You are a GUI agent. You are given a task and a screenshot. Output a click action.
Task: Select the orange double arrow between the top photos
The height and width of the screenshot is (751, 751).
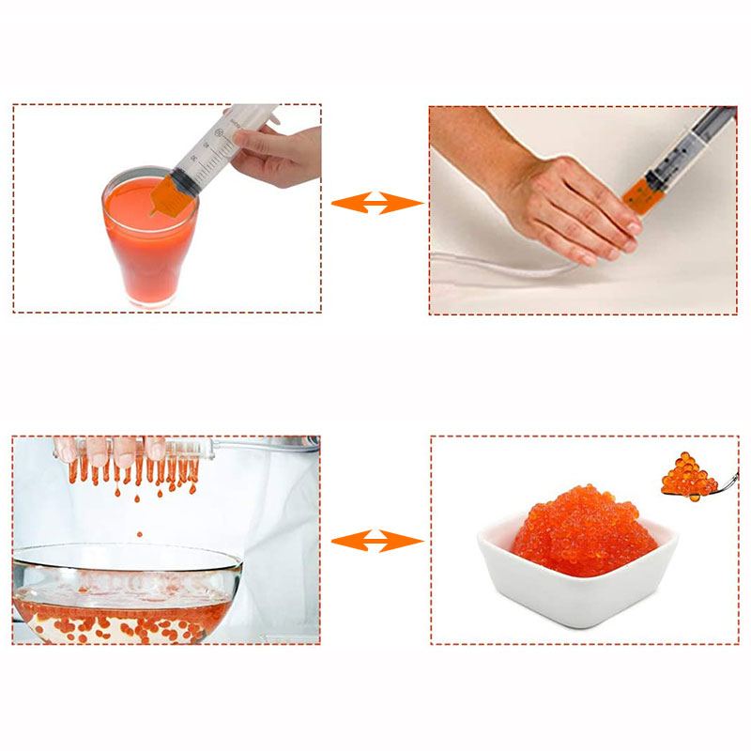(376, 202)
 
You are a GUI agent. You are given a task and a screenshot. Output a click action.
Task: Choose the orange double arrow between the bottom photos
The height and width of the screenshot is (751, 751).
(376, 540)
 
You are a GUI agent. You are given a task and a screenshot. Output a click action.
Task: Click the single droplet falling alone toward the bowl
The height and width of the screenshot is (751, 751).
(140, 534)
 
